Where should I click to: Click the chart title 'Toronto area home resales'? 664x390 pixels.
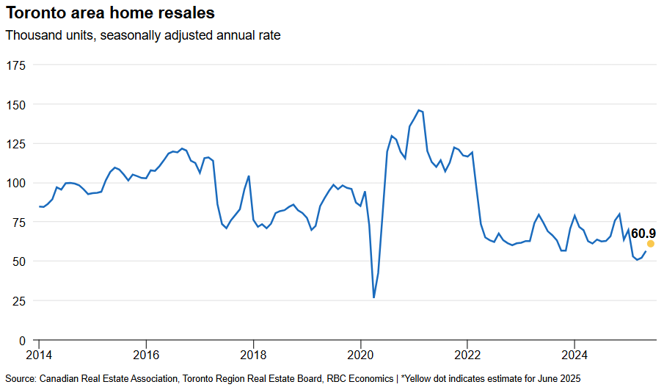coord(110,12)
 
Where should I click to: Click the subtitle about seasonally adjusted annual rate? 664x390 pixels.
coord(143,35)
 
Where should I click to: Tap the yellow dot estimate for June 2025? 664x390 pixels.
coord(651,244)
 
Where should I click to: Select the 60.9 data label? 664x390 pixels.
coord(643,233)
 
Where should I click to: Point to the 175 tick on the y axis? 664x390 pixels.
coord(16,65)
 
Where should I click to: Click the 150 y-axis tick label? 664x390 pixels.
coord(16,105)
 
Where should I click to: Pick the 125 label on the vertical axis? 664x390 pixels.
coord(16,144)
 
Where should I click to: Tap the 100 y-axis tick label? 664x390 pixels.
coord(16,183)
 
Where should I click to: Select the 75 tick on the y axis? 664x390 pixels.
coord(19,223)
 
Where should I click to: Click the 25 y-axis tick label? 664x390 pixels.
coord(19,301)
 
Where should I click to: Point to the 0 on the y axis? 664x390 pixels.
coord(23,340)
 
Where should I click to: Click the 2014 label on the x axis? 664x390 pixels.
coord(39,355)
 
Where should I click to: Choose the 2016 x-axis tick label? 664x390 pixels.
coord(146,355)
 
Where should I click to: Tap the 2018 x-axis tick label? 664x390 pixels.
coord(253,355)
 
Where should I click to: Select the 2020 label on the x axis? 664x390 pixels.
coord(360,355)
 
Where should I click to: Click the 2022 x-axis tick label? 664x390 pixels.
coord(467,355)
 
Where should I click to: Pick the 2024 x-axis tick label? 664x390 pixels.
coord(574,355)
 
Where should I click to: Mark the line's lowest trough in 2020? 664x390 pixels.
coord(374,297)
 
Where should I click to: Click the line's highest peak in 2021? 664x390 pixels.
coord(418,110)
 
